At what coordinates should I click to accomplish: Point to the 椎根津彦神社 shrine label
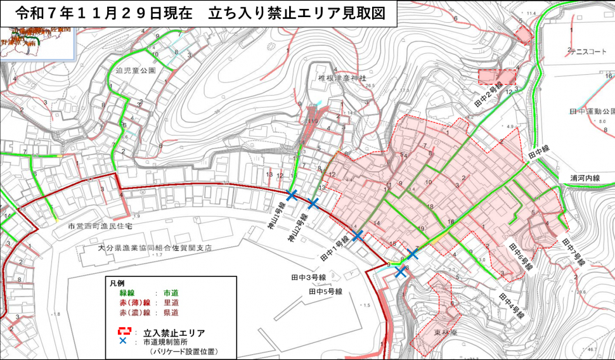336,78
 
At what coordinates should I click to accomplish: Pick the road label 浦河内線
585,179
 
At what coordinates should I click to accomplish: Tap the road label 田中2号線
489,94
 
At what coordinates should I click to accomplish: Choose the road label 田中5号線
325,292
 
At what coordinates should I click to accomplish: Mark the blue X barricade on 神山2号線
313,203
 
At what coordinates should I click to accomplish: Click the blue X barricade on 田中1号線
357,235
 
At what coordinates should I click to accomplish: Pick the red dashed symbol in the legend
125,331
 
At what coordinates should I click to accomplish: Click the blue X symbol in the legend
125,341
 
